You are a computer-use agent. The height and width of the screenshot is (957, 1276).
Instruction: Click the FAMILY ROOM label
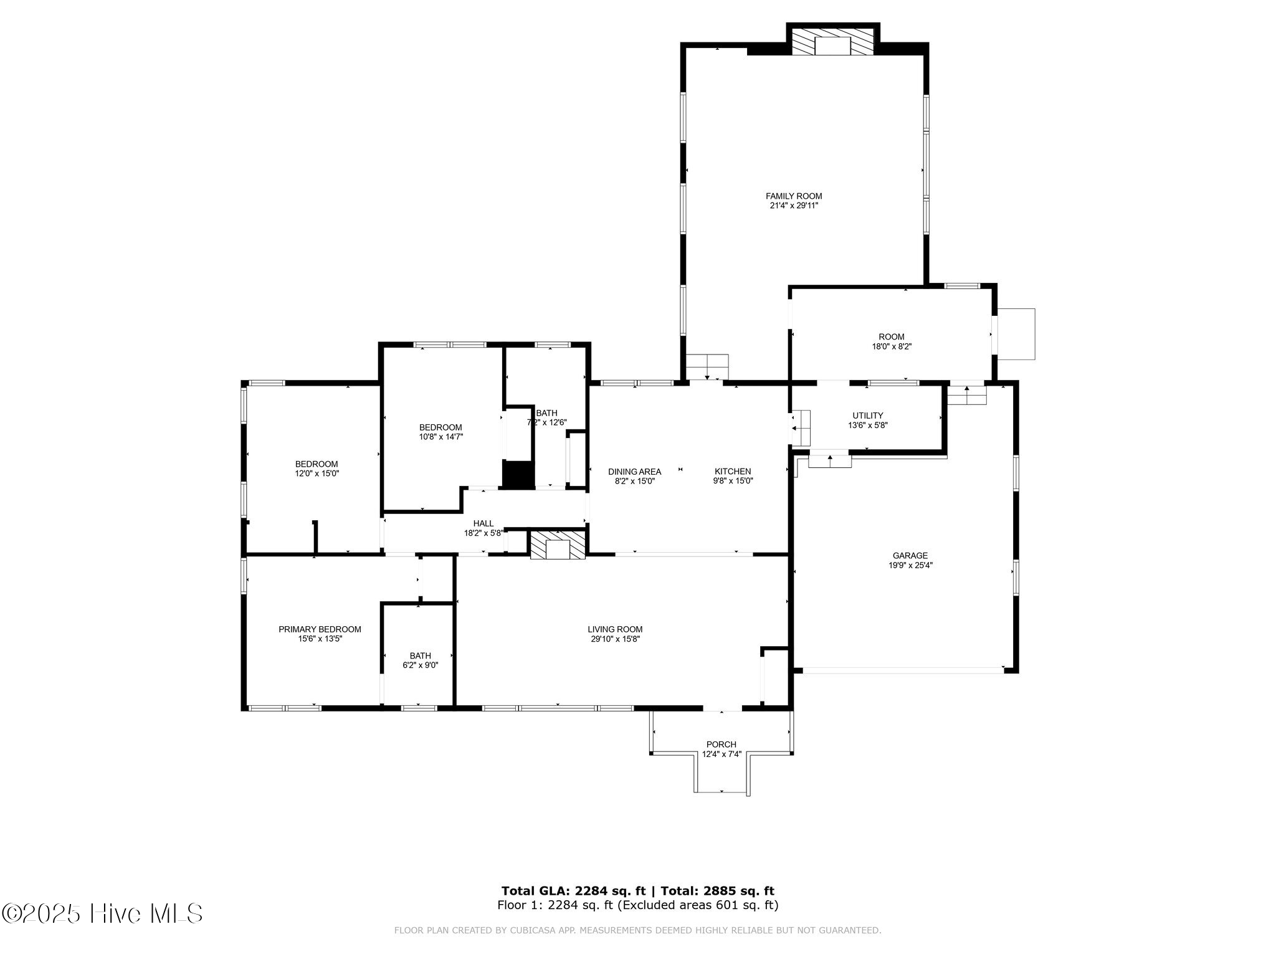tap(794, 196)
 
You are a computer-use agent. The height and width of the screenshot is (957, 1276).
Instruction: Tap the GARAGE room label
tap(910, 556)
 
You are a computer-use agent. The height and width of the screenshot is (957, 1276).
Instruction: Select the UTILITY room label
tap(868, 416)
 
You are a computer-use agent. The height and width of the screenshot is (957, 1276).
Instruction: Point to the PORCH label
tap(721, 745)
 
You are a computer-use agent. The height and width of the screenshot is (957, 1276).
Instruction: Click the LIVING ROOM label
tap(615, 629)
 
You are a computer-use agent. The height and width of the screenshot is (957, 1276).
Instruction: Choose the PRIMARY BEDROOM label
tap(320, 629)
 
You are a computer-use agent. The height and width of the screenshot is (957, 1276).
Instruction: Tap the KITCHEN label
tap(733, 472)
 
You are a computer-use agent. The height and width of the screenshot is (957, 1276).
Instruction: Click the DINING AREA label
tap(635, 472)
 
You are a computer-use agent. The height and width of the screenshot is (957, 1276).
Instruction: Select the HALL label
tap(483, 523)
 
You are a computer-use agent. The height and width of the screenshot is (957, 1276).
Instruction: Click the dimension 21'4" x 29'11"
tap(794, 206)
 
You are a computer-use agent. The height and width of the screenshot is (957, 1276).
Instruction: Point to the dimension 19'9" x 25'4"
tap(910, 566)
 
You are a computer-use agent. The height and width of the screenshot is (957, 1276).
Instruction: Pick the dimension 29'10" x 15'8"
tap(615, 639)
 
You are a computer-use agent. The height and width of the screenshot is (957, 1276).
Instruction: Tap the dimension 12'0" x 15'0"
tap(317, 474)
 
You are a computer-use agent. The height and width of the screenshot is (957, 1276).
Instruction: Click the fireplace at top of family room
tap(833, 41)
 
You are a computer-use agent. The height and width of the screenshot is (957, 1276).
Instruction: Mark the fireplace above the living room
tap(558, 545)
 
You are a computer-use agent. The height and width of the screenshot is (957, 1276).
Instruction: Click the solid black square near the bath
tap(518, 475)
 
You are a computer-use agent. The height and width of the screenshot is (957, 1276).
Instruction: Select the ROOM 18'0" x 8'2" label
tap(892, 341)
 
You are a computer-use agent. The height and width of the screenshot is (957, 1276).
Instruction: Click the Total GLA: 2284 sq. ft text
tap(573, 891)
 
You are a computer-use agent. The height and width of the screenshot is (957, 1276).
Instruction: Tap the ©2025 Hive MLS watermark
tap(102, 914)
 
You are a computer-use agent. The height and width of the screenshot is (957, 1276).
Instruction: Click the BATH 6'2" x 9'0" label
tap(421, 660)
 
